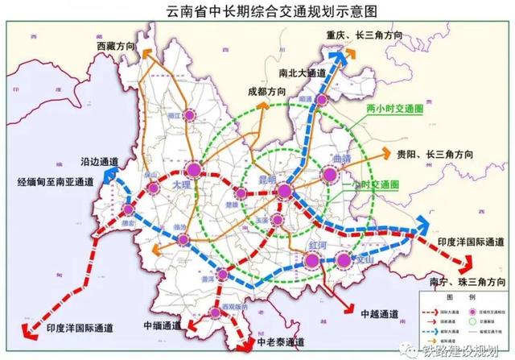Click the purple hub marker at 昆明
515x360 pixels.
[x=286, y=191]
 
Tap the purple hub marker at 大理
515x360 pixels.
[x=194, y=170]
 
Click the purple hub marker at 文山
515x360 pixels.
[x=345, y=259]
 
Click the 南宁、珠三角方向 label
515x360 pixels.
[x=470, y=283]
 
